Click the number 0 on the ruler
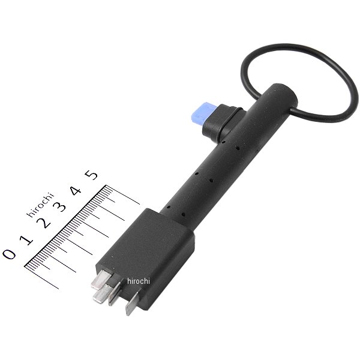point(9,254)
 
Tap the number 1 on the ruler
point(26,239)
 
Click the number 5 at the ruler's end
point(91,175)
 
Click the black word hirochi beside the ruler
point(40,205)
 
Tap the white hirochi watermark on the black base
point(139,281)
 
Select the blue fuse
point(202,112)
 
